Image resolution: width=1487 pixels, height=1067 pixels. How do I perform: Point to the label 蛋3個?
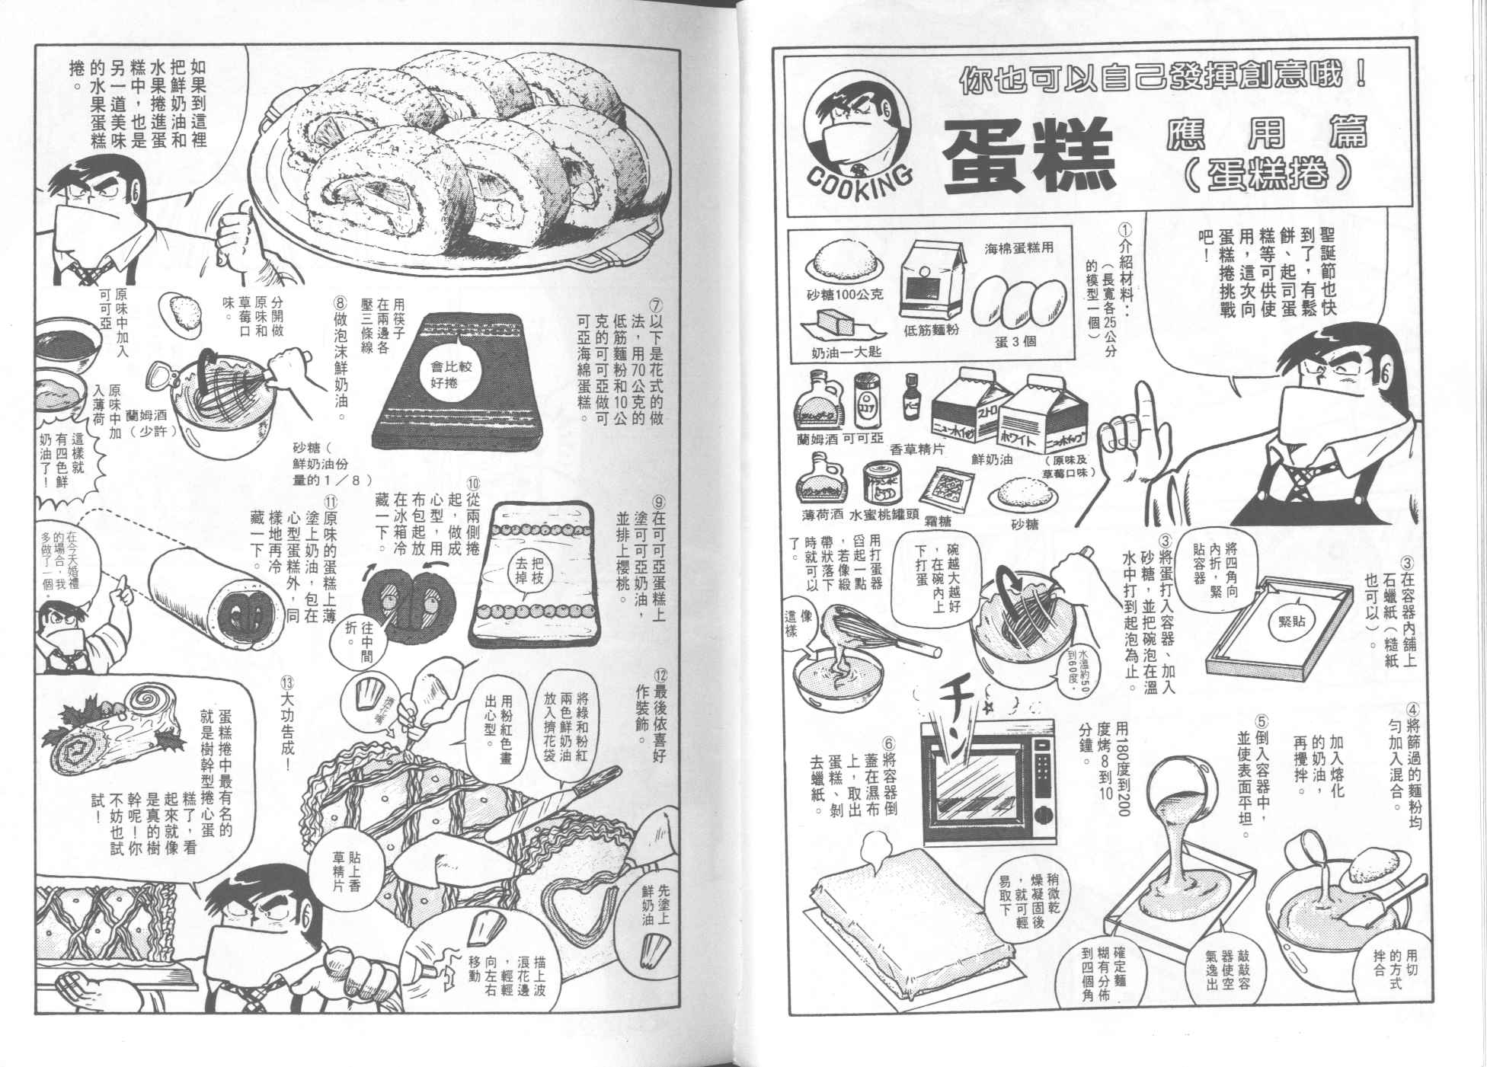pyautogui.click(x=1015, y=341)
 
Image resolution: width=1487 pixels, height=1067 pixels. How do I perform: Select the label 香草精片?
pyautogui.click(x=917, y=450)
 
